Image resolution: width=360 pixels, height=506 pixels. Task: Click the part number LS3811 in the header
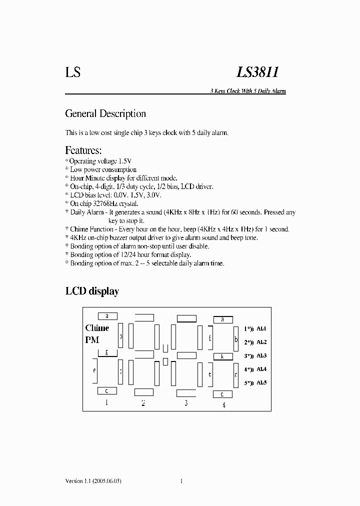257,73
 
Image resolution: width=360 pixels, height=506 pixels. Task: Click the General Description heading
105,114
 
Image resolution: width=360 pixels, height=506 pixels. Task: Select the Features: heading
83,150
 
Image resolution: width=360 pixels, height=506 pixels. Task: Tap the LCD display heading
92,291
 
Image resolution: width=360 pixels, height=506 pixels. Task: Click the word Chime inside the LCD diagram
97,328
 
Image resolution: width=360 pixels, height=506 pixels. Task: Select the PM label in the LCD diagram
92,340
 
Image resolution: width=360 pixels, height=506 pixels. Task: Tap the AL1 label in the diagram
261,329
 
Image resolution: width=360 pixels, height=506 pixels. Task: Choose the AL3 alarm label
261,356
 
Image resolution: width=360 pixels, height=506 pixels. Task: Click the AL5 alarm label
261,382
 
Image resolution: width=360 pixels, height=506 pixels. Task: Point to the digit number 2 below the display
143,403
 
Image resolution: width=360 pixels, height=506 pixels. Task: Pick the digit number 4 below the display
223,404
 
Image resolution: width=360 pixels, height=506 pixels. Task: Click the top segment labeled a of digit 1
107,316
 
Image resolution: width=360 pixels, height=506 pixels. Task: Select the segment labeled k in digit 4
222,356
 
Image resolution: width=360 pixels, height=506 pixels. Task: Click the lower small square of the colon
165,361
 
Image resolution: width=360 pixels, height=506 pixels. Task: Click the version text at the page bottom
93,481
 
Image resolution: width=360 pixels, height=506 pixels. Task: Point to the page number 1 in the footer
181,481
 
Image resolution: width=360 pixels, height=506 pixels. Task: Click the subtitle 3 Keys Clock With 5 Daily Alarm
247,91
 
